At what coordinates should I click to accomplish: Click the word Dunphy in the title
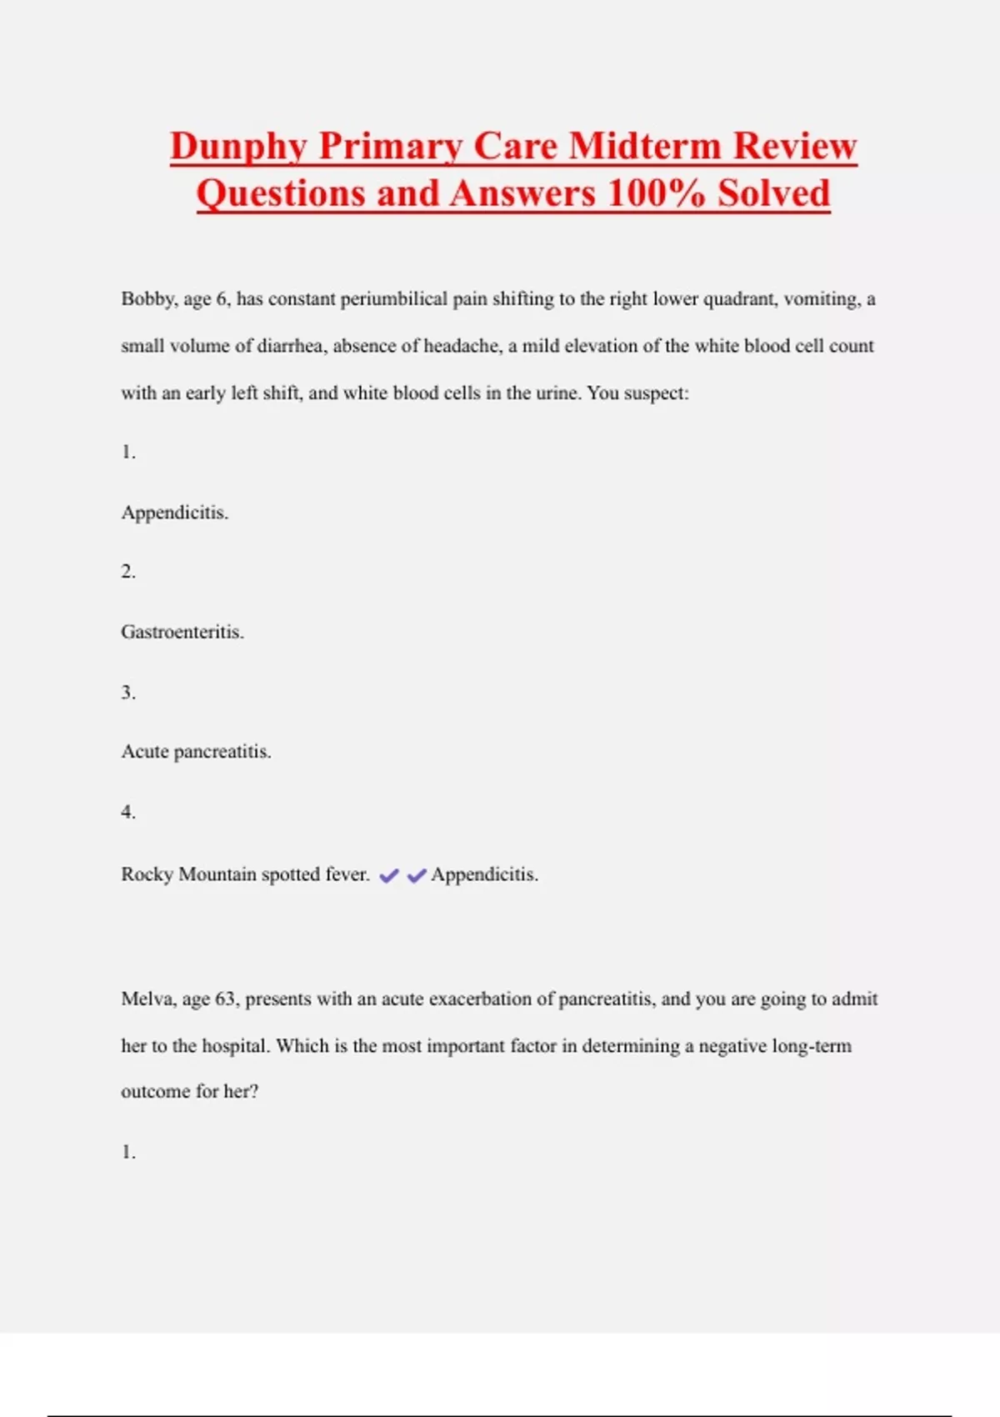(239, 147)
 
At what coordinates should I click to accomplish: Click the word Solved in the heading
(774, 193)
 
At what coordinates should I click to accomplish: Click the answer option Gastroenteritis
(182, 632)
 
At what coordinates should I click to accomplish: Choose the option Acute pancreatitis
(197, 752)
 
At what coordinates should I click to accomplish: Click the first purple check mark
(388, 875)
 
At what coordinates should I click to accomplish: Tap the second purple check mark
(417, 875)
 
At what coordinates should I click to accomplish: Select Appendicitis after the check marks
(484, 874)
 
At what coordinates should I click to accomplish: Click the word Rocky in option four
(147, 874)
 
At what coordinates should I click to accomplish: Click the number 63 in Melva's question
(225, 999)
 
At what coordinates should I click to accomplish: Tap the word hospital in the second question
(236, 1046)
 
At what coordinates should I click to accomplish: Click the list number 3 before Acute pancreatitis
(127, 693)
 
